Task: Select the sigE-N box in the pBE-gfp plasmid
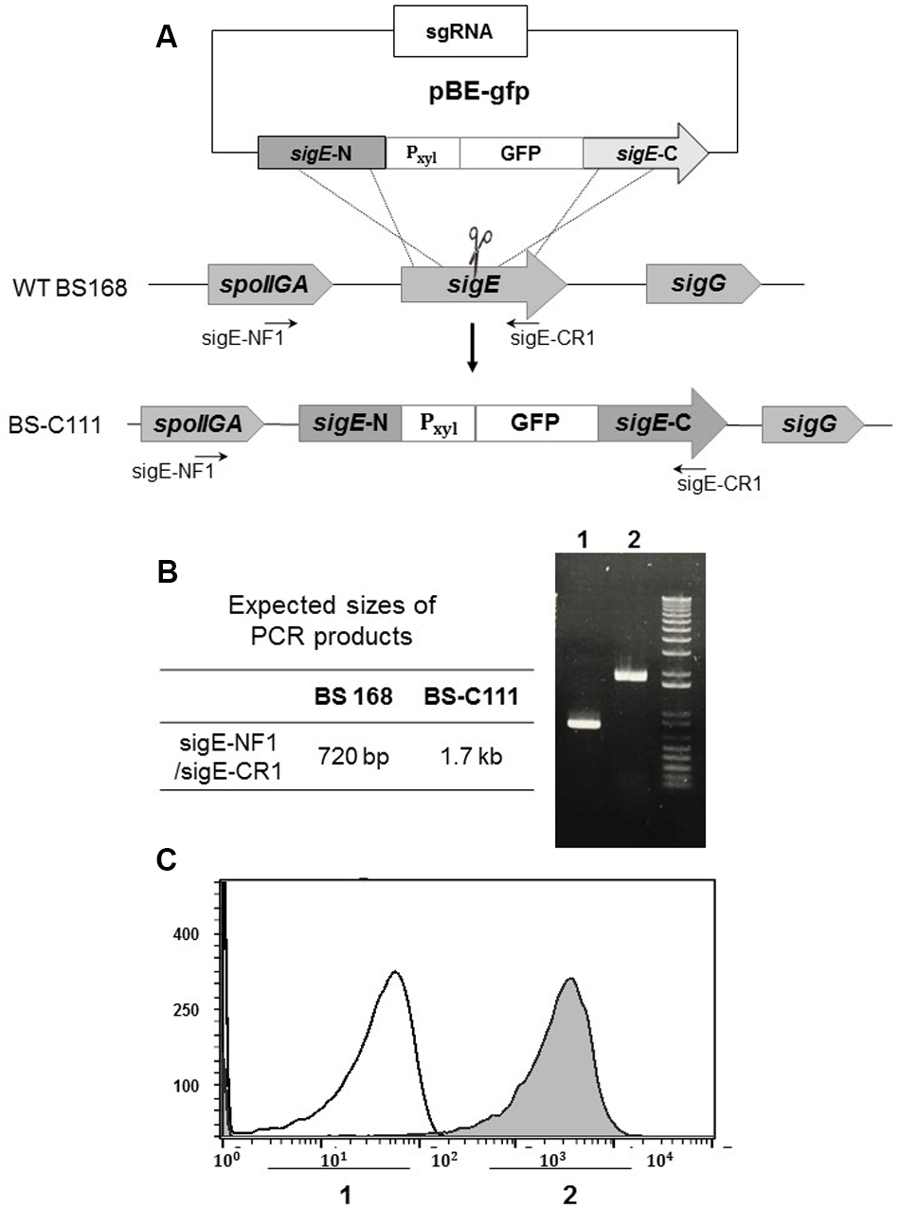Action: (x=322, y=152)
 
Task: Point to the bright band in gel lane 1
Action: (x=585, y=723)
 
